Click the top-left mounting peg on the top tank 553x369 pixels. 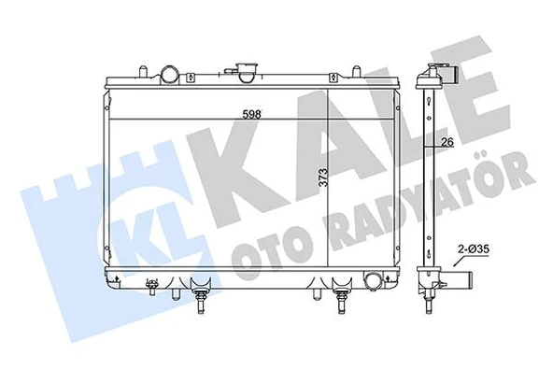click(x=140, y=71)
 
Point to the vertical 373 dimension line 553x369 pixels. click(x=330, y=177)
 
